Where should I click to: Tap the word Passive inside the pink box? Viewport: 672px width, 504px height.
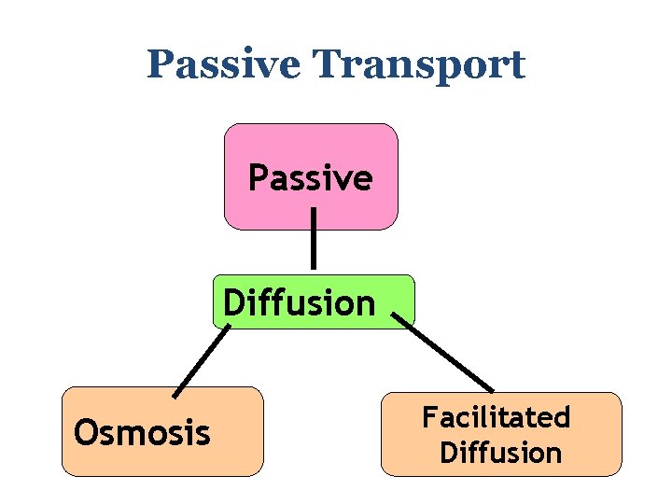(x=310, y=177)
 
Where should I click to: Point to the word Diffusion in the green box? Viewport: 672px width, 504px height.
(x=300, y=302)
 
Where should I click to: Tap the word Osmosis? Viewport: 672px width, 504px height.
(x=142, y=432)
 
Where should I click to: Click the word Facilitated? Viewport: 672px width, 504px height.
(x=496, y=416)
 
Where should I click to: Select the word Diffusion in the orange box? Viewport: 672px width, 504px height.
(x=500, y=453)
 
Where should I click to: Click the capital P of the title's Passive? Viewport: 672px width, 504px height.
(x=159, y=65)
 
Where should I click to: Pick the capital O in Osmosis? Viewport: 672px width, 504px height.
(x=84, y=432)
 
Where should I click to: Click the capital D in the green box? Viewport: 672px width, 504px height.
(x=234, y=302)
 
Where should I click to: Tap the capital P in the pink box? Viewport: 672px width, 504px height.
(x=257, y=177)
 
